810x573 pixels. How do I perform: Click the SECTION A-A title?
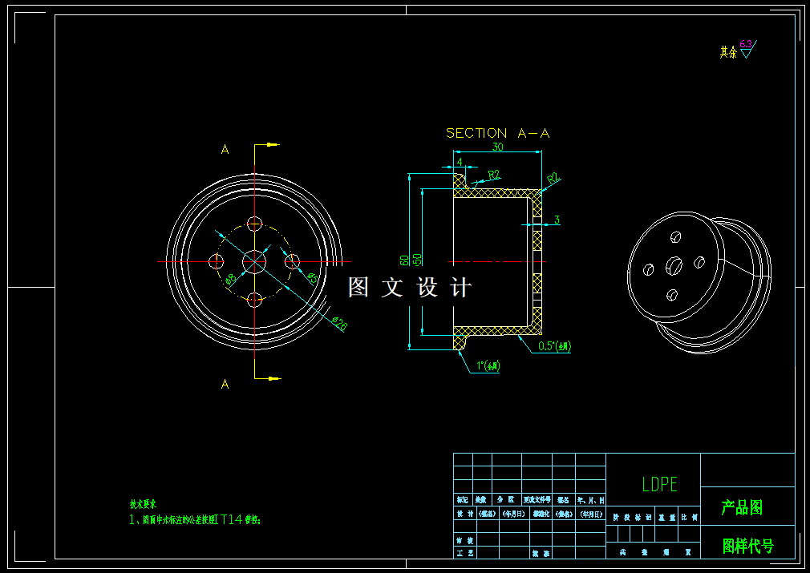[498, 133]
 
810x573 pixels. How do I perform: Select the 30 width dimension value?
[498, 147]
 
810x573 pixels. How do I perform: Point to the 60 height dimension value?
[405, 260]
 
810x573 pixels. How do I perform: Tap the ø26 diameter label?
[339, 322]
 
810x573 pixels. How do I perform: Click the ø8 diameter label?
[230, 279]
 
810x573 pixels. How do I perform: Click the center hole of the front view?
[255, 261]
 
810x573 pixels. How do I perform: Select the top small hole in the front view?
[255, 223]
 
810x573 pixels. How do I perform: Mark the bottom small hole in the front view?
[255, 300]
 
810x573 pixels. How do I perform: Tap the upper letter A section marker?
[225, 149]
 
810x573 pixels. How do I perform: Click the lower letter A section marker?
[225, 384]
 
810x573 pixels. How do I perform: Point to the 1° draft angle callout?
[488, 365]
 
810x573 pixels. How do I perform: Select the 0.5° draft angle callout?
[554, 346]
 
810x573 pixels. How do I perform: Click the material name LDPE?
[659, 484]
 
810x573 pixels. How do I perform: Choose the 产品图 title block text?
[742, 507]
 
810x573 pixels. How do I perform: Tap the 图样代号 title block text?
[748, 547]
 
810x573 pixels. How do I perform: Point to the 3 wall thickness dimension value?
[557, 220]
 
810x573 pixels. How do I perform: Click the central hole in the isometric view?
[674, 264]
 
